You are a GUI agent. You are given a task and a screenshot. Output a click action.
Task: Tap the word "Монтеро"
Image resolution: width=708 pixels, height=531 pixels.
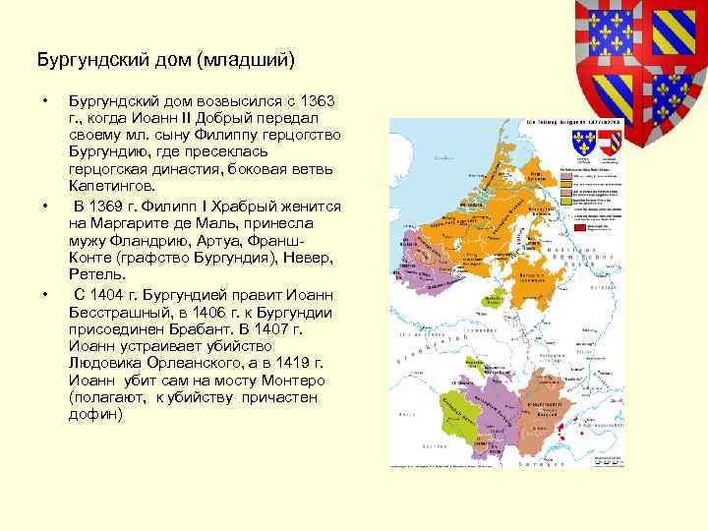(x=286, y=380)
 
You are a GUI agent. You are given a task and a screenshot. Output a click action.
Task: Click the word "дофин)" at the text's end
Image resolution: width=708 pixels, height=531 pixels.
(x=95, y=414)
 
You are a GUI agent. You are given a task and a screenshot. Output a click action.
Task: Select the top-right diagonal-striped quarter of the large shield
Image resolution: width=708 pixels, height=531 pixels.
(x=666, y=29)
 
